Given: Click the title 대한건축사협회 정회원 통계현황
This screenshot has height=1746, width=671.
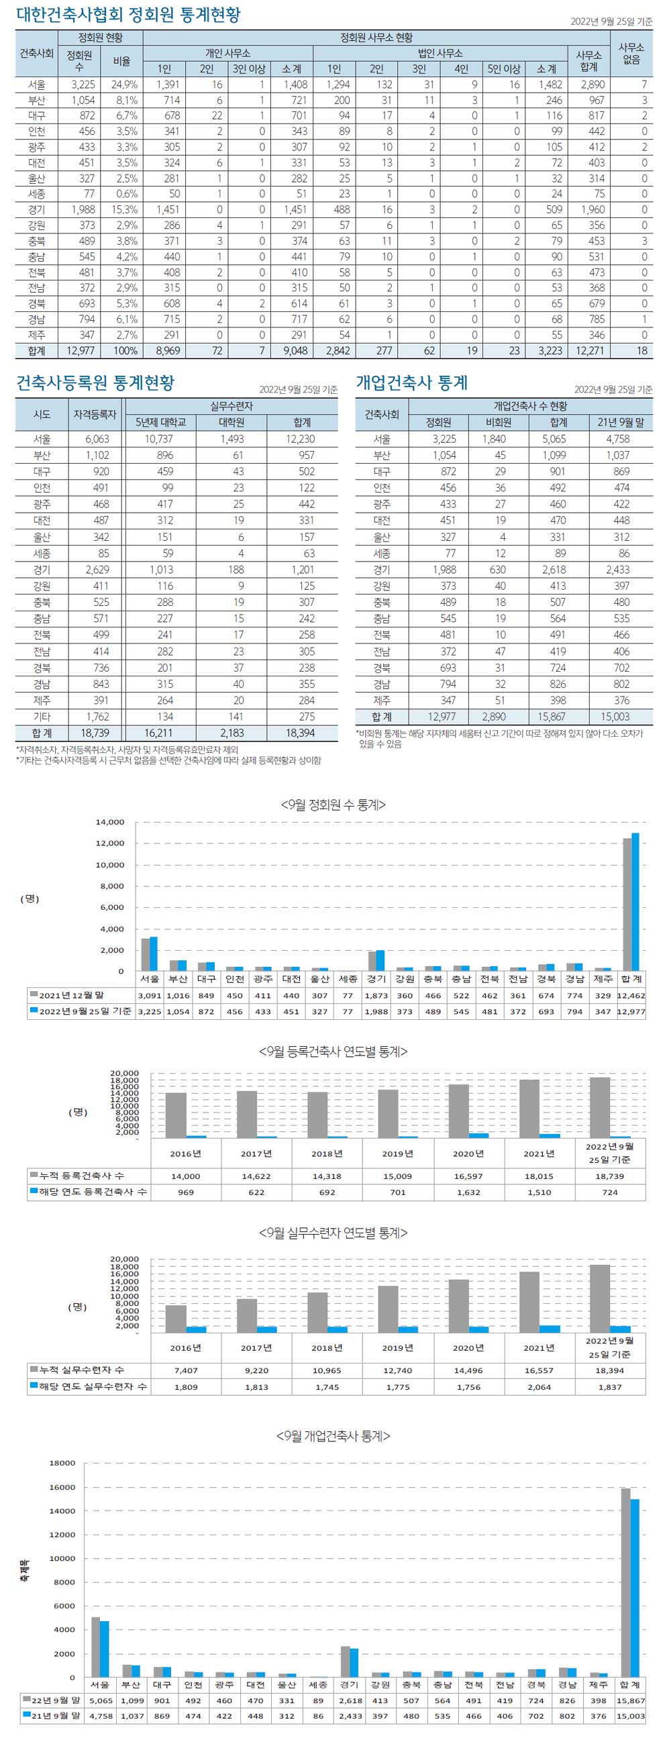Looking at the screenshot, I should point(128,15).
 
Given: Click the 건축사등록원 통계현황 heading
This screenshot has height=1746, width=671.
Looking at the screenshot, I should point(95,383).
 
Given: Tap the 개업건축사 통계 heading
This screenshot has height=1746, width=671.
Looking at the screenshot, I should point(412,383).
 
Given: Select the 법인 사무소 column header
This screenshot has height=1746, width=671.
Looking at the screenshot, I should point(440,53).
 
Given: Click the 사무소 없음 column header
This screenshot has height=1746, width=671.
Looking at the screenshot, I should point(631,53).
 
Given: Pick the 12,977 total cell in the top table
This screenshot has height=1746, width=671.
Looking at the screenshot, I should point(81,350).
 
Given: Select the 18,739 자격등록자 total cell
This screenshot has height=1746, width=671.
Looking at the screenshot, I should point(95,733).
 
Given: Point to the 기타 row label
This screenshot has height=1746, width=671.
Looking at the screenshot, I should point(42,717).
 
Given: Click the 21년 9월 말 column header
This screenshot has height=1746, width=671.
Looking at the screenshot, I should point(621,422).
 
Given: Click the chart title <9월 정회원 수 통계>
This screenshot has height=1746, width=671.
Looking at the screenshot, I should point(333,805).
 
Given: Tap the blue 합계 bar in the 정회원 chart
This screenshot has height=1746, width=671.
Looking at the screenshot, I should point(635,901).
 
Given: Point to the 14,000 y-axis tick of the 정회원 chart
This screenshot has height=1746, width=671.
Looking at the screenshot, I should point(110,822).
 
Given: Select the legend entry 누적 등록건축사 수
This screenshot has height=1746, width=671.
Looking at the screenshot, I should point(81,1176).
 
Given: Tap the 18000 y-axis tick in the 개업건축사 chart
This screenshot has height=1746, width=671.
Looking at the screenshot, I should point(62,1463).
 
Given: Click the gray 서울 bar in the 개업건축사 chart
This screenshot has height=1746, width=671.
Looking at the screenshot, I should point(95,1647).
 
